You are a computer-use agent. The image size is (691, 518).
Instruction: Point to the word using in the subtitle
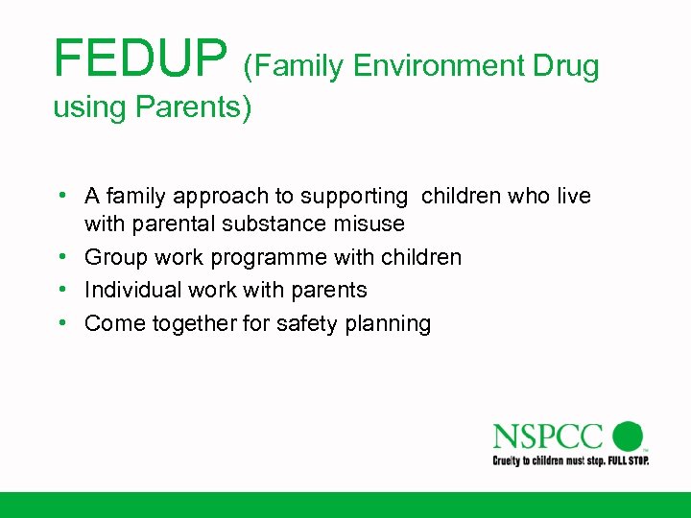click(87, 108)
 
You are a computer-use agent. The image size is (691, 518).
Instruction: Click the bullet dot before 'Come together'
click(60, 322)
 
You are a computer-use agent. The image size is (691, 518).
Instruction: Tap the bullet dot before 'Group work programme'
click(60, 256)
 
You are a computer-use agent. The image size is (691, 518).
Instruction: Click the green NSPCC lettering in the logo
click(548, 436)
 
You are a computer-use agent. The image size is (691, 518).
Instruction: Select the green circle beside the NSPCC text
click(628, 436)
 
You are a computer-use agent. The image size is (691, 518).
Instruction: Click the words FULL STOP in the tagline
click(627, 460)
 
